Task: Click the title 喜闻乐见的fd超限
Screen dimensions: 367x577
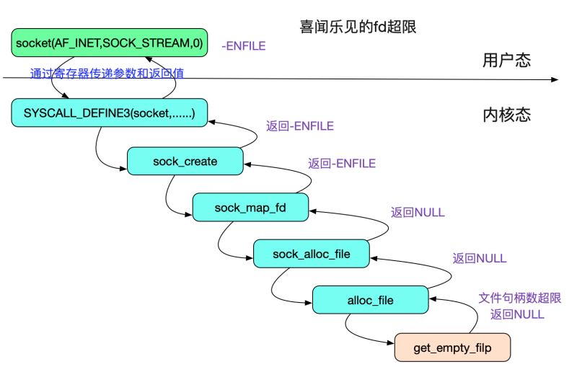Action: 358,28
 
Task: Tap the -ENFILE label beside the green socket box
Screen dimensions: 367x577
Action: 243,46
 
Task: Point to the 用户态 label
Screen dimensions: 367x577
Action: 506,61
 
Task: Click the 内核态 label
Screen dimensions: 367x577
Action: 506,114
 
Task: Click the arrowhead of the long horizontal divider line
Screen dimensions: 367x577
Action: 556,78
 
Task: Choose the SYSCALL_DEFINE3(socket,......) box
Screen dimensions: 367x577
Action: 109,112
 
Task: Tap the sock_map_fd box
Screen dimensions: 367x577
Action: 250,208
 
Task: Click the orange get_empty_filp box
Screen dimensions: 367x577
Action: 452,348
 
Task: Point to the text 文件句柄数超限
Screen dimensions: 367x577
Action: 520,297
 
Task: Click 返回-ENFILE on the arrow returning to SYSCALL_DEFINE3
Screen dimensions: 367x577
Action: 299,126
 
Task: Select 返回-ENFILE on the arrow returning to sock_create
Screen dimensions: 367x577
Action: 341,164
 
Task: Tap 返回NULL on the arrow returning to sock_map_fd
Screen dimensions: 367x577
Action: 418,213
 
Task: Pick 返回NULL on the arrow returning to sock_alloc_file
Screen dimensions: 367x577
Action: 479,257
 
